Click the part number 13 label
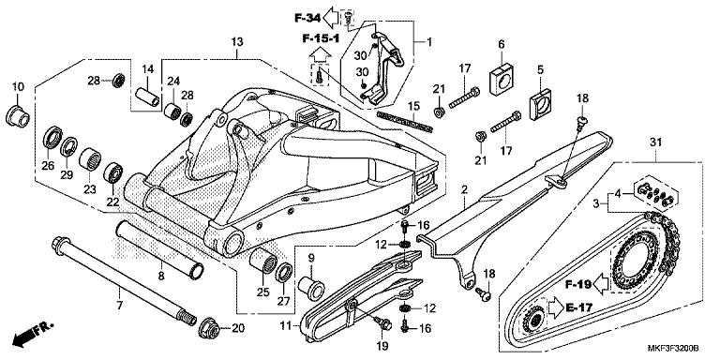tap(237, 42)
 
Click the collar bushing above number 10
tap(18, 118)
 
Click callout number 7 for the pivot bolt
tap(119, 306)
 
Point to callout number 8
tap(160, 276)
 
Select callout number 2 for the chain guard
tap(463, 190)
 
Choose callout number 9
tap(312, 258)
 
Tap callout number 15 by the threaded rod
tap(411, 106)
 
